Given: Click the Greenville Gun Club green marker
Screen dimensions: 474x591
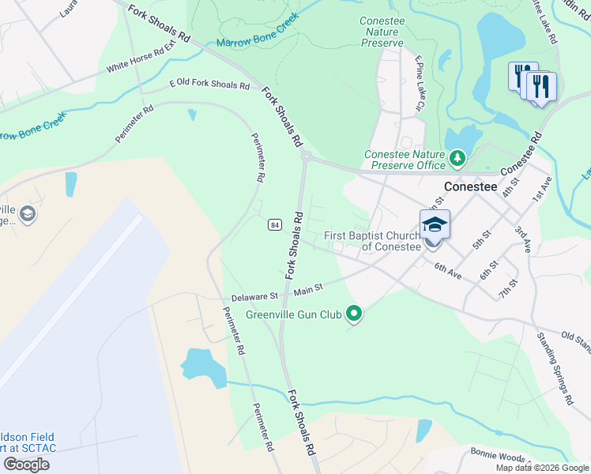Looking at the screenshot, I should (355, 314).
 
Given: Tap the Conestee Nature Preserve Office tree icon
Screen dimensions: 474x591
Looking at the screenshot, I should (457, 160).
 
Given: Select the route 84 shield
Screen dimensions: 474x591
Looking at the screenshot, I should (273, 224).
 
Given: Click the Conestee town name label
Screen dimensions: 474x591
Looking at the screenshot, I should (470, 186).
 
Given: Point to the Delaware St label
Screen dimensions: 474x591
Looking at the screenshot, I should (254, 298).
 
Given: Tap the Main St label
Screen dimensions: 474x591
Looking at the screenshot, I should (308, 289).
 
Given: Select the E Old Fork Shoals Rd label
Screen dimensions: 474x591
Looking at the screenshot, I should (209, 85).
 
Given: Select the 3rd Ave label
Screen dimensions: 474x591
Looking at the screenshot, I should (523, 239).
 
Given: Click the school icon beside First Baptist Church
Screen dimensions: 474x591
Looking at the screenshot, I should (435, 225).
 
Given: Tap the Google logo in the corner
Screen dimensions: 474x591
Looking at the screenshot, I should (26, 464).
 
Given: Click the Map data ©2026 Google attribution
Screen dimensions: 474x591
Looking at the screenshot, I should (542, 468).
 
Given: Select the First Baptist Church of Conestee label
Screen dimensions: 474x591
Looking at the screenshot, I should (372, 241).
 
